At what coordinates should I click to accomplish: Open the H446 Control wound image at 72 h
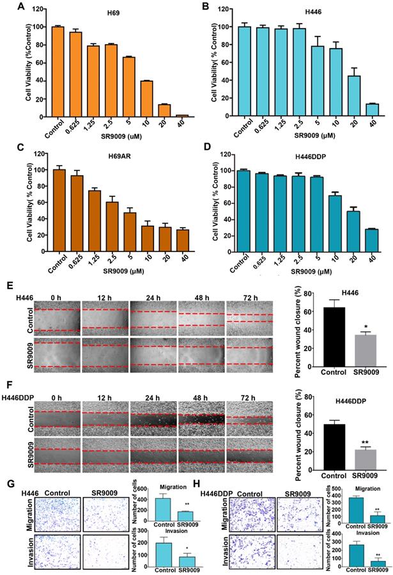[250, 320]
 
